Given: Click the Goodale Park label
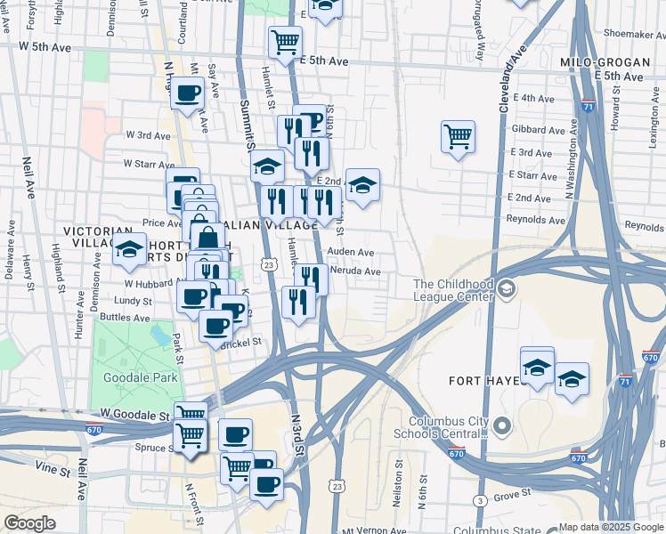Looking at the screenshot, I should tap(141, 377).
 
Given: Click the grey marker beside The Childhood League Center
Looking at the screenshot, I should tap(507, 287).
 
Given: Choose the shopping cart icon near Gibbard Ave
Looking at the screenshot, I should tap(458, 137).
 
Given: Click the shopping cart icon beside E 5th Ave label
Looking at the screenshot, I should tap(285, 41).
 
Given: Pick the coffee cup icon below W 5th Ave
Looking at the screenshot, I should tap(188, 93).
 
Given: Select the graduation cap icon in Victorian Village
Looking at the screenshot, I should tap(130, 250).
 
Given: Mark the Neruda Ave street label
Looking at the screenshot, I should tap(355, 271).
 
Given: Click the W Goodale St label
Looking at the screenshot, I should tap(134, 415).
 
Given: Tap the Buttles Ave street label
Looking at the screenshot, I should tap(126, 318).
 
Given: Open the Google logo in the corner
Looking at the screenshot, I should tap(29, 523).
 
